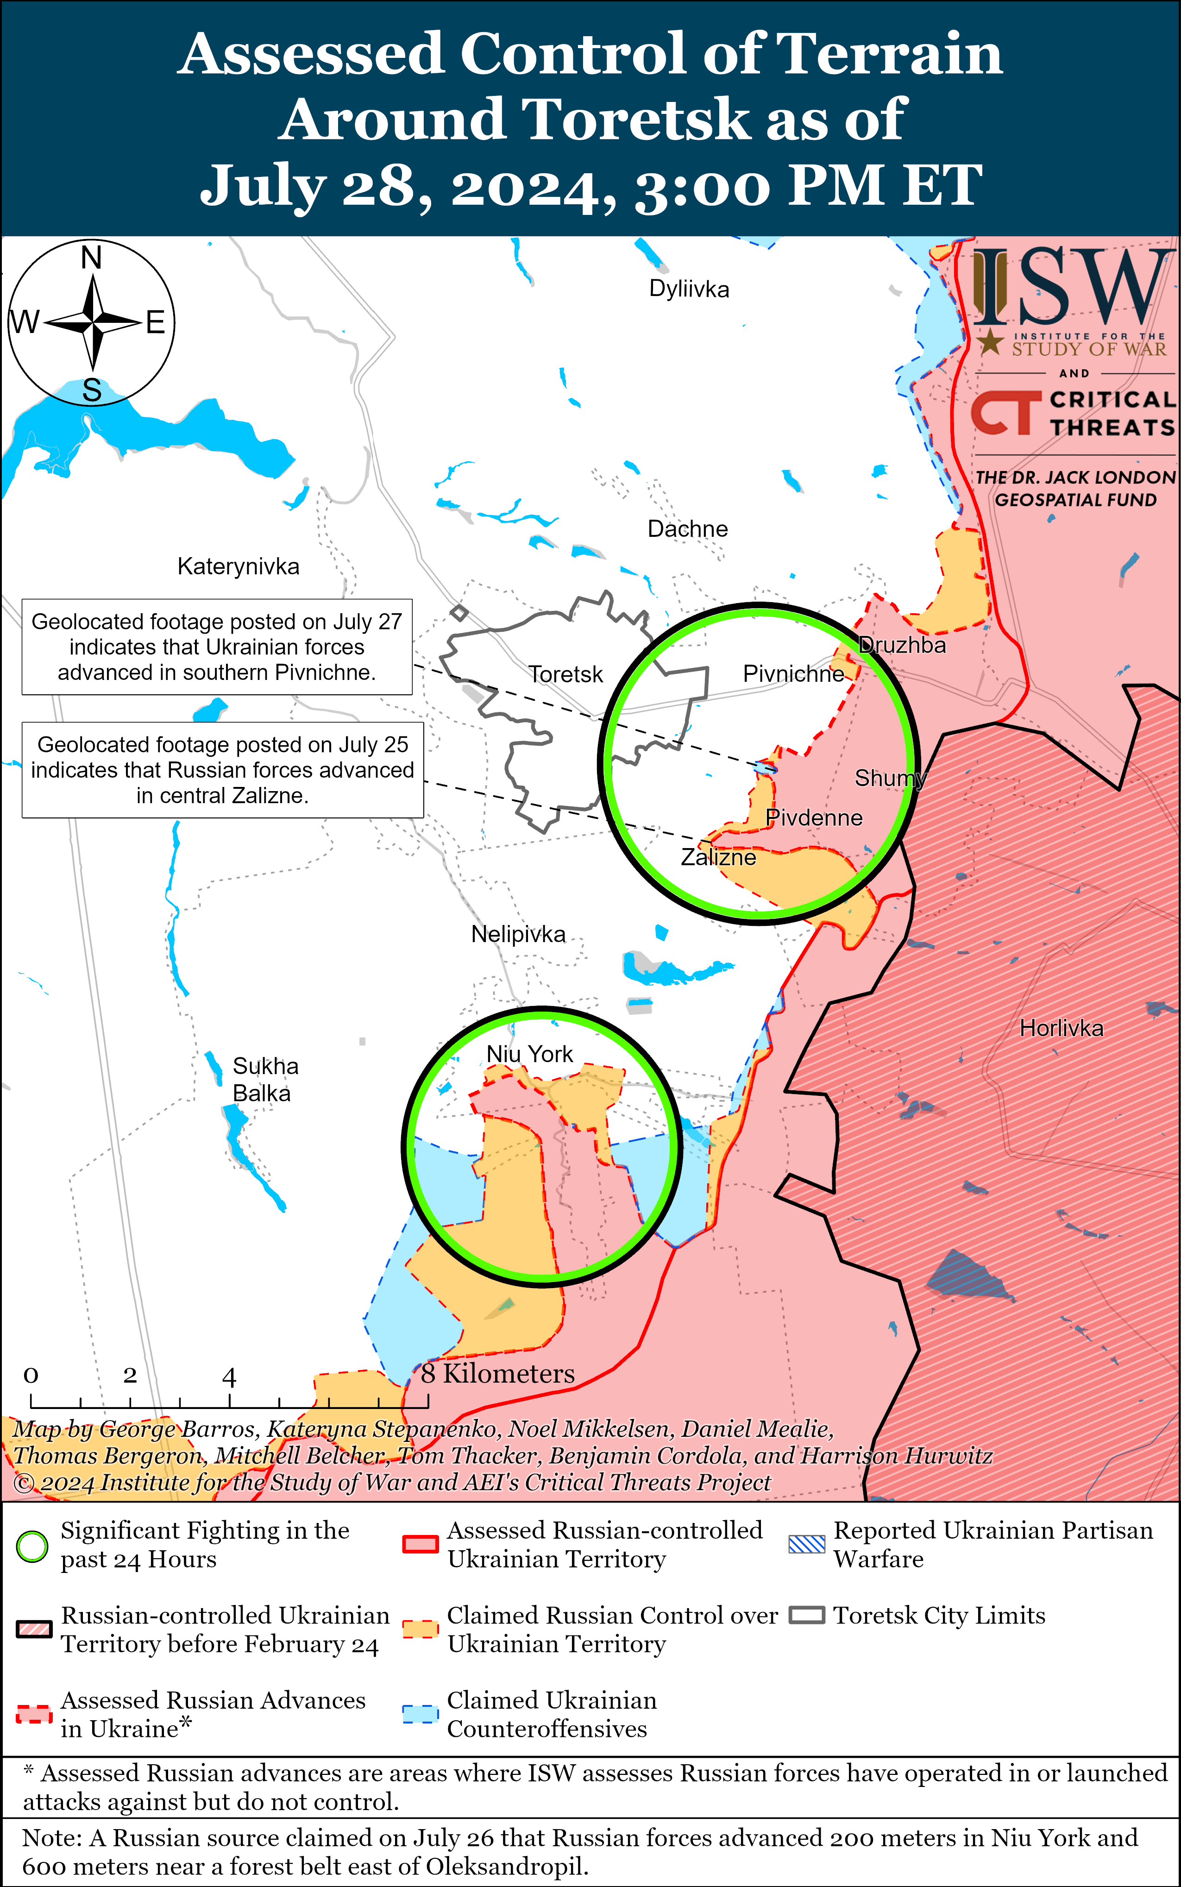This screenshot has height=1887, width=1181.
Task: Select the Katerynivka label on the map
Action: coord(238,566)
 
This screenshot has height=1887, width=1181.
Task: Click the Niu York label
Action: coord(529,1054)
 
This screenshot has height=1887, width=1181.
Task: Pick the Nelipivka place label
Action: coord(518,934)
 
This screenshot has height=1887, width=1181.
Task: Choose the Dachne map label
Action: coord(687,529)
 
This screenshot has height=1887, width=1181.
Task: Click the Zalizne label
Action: coord(718,858)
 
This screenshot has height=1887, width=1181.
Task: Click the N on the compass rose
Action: coord(91,258)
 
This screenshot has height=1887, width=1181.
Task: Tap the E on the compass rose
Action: coord(156,322)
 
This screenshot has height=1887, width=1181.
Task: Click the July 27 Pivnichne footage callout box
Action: coord(216,647)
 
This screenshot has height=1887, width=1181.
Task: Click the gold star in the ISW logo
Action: coord(990,341)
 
